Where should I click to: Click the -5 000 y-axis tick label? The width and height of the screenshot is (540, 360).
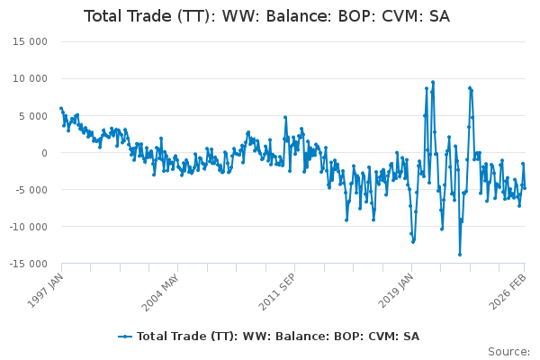coord(28,190)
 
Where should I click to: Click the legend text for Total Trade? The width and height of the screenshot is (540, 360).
coord(278,336)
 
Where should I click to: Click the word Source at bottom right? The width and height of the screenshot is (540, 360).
coord(508,351)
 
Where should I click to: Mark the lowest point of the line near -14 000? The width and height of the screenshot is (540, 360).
coord(459,254)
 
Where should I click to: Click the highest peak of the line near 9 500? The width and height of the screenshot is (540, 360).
coord(433,82)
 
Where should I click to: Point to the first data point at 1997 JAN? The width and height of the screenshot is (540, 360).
coord(61,108)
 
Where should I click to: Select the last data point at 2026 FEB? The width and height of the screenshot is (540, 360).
coord(525,187)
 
